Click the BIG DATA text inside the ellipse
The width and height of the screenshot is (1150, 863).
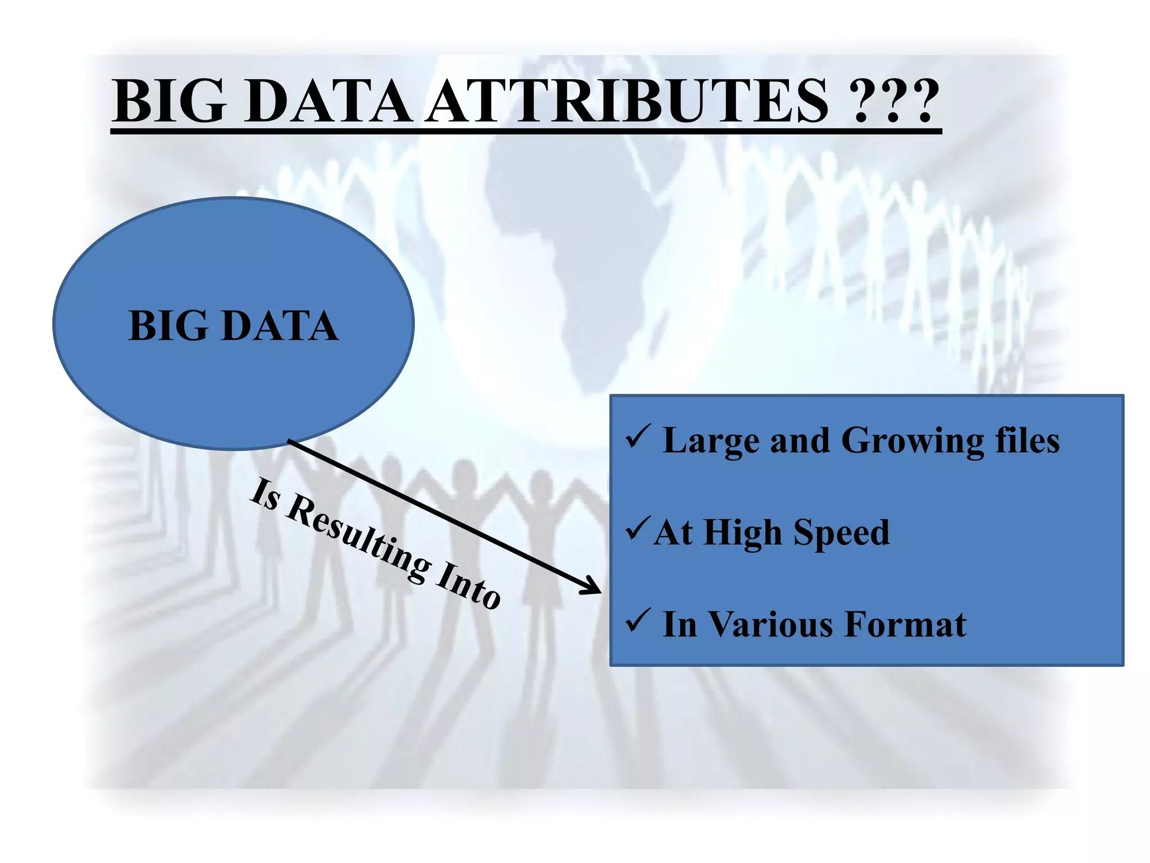tap(234, 325)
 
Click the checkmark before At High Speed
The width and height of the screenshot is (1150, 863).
tap(638, 529)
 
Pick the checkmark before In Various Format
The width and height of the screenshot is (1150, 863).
tap(638, 620)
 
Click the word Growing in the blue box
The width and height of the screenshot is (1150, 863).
tap(912, 441)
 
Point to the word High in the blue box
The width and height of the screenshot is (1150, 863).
tap(742, 533)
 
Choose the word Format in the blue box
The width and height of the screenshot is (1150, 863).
tap(905, 624)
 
